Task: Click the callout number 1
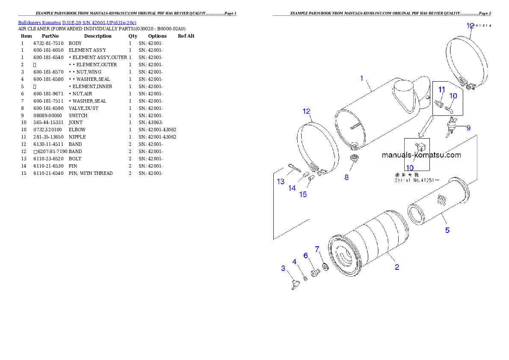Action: tap(361, 78)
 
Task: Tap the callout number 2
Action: tap(397, 267)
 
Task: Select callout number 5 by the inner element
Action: tap(447, 230)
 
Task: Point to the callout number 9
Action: tap(468, 127)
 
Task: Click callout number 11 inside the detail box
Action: tap(441, 89)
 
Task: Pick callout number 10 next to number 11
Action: tap(453, 96)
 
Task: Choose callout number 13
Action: tap(281, 182)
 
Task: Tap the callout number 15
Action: tap(303, 195)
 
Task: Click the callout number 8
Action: tap(346, 177)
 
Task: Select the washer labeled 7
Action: tap(324, 267)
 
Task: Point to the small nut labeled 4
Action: tap(305, 279)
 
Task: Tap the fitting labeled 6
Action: tap(315, 272)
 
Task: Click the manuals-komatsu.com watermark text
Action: tap(421, 155)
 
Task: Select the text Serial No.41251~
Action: tap(417, 180)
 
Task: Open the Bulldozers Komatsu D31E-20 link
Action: tap(77, 22)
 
